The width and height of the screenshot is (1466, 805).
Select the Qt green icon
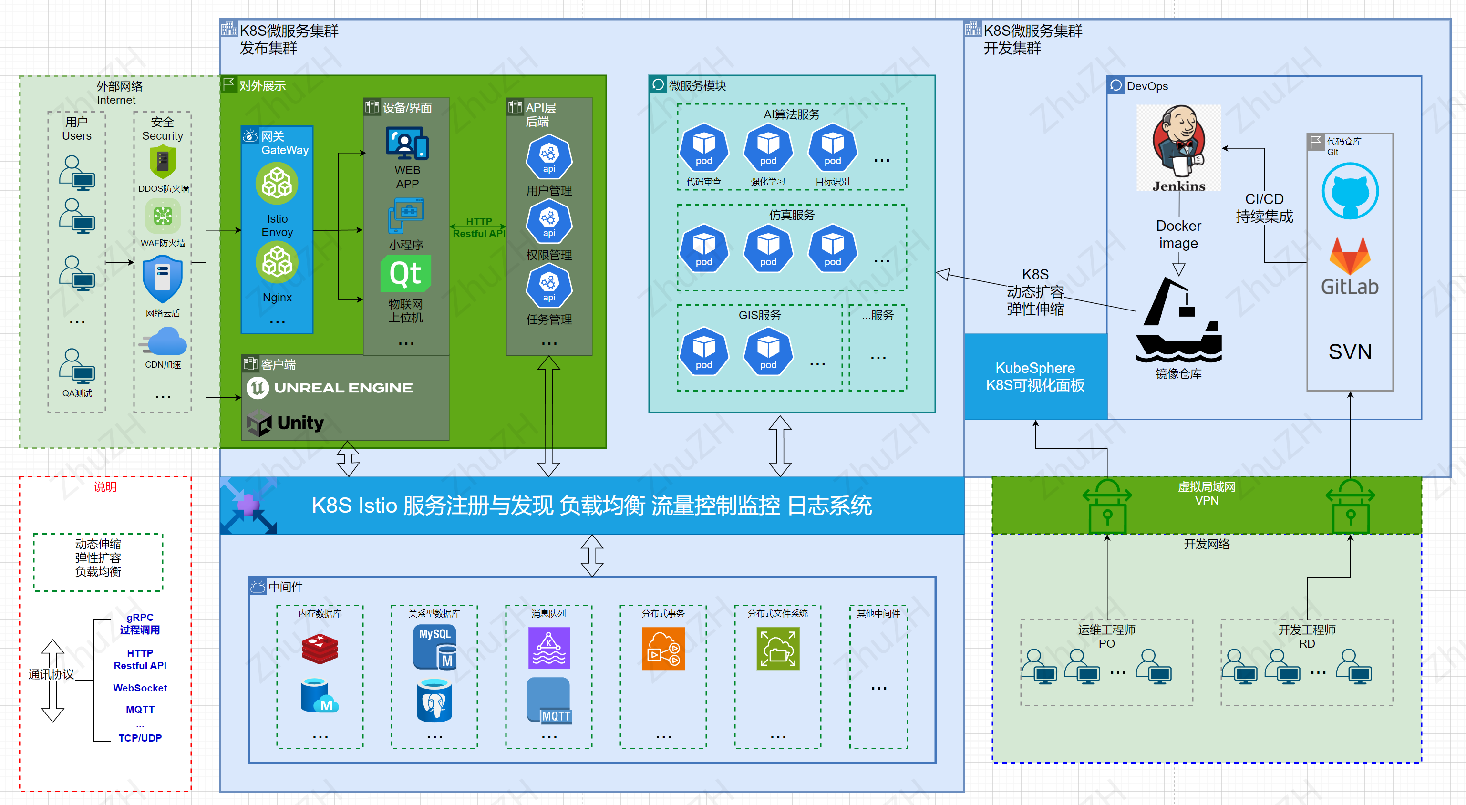[405, 274]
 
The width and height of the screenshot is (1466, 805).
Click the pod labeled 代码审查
[703, 148]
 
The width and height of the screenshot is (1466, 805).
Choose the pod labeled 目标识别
[832, 148]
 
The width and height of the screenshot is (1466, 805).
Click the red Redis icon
[320, 649]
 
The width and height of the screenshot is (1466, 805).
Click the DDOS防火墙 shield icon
[163, 162]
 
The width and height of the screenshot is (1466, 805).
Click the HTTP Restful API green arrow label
[479, 227]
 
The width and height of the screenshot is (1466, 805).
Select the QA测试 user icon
[77, 365]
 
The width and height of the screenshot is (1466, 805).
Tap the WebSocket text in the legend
[140, 688]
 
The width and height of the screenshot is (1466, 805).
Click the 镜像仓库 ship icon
[1178, 321]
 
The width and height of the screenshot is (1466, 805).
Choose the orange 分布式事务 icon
[663, 649]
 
